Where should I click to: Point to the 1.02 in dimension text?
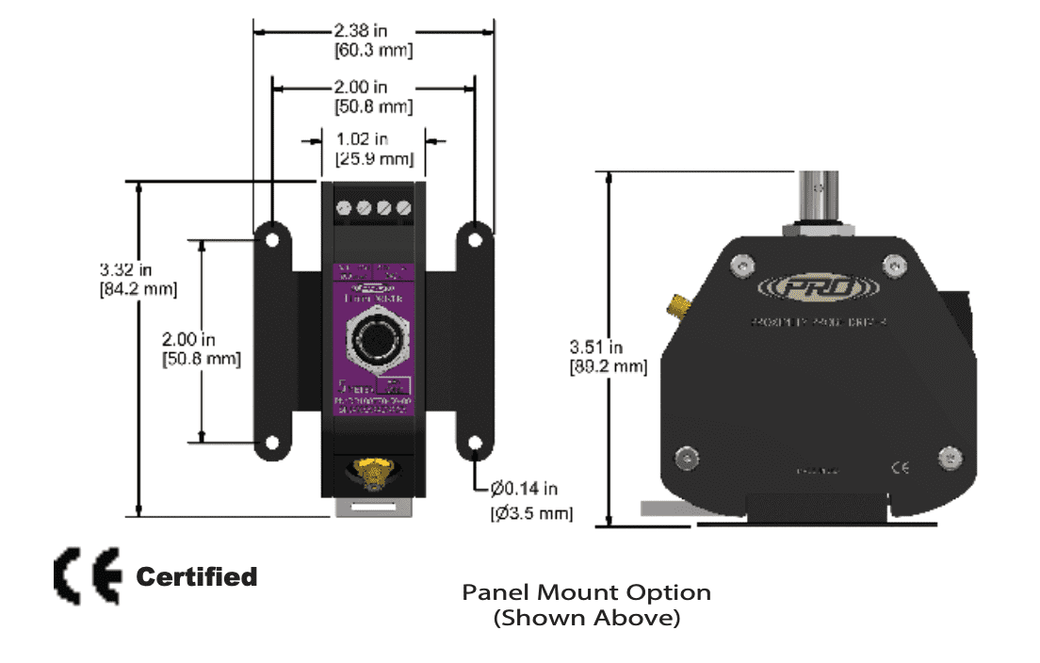tap(374, 139)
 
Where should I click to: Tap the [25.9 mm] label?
tap(374, 158)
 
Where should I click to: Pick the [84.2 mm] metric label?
tap(138, 288)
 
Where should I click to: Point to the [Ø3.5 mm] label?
tap(531, 513)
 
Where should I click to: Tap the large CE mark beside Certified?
tap(88, 574)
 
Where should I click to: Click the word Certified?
tap(197, 576)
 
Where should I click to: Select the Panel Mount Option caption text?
tap(586, 592)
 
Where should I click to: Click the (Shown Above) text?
tap(586, 619)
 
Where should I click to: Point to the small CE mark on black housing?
tap(900, 468)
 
